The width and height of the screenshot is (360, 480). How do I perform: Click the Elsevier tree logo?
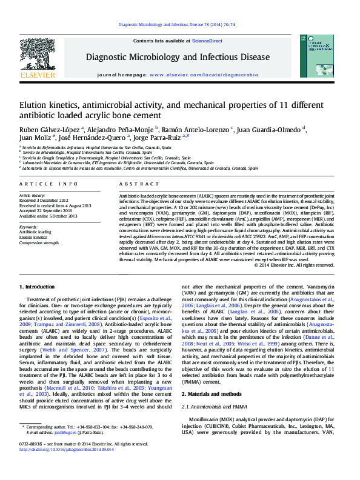pyautogui.click(x=38, y=56)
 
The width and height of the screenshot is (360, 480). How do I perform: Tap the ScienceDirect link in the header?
pyautogui.click(x=207, y=41)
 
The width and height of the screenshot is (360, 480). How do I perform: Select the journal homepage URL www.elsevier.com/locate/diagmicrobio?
pyautogui.click(x=204, y=74)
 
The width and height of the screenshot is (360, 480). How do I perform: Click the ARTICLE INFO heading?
pyautogui.click(x=48, y=184)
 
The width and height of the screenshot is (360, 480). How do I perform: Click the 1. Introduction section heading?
pyautogui.click(x=39, y=286)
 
